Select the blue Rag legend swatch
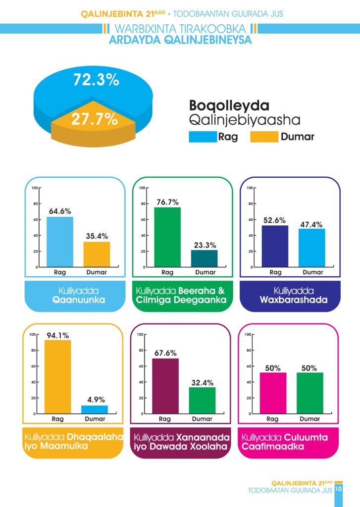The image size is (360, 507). coord(203,137)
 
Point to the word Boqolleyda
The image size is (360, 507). coord(229,106)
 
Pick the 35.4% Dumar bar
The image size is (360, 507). coord(97,254)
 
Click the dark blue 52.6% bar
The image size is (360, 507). coord(275,246)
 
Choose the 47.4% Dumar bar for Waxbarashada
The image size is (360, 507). coord(311,248)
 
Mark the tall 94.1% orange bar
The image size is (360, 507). coord(57,376)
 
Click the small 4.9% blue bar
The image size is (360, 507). coord(94,409)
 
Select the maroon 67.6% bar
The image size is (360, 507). coord(165,386)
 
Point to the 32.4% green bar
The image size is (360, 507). coord(202,400)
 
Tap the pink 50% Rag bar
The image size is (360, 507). coord(272,393)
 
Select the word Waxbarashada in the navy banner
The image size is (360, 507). coord(293,300)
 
